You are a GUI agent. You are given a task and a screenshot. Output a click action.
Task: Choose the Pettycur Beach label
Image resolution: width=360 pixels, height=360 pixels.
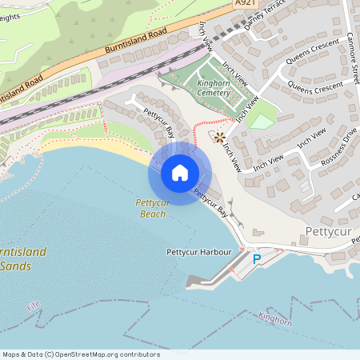point(152,209)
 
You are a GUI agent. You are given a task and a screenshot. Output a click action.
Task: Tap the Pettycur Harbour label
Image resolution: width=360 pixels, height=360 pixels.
point(198,252)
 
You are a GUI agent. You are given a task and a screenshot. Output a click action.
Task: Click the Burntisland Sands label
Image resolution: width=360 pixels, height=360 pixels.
point(22,258)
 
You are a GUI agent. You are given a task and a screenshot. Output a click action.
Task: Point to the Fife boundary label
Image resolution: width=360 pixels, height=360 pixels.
point(33,306)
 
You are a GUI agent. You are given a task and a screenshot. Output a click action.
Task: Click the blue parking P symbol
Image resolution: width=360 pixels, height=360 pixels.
point(257,258)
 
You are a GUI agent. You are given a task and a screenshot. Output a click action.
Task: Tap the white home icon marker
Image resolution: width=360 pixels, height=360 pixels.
point(179,173)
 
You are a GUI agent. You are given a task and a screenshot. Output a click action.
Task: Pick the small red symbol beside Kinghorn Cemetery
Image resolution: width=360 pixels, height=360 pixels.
point(219,137)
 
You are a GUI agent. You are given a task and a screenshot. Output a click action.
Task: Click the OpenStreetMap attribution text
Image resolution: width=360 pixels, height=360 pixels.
point(81,354)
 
